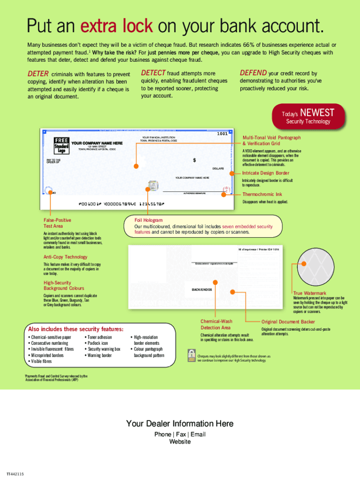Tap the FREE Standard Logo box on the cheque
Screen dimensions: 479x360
click(61, 145)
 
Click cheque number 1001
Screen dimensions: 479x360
click(222, 134)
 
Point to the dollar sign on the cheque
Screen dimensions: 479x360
click(194, 160)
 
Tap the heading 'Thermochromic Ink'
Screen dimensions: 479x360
click(262, 194)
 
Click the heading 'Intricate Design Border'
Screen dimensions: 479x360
click(265, 173)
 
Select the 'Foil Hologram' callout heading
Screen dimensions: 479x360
click(148, 220)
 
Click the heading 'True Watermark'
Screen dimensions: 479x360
click(310, 293)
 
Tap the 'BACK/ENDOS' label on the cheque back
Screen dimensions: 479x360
click(202, 290)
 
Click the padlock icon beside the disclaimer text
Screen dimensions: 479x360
click(191, 355)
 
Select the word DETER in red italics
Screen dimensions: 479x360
click(38, 74)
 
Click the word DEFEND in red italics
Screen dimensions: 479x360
click(253, 73)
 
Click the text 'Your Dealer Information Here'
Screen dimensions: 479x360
click(180, 423)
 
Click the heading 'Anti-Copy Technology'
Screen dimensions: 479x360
click(65, 257)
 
